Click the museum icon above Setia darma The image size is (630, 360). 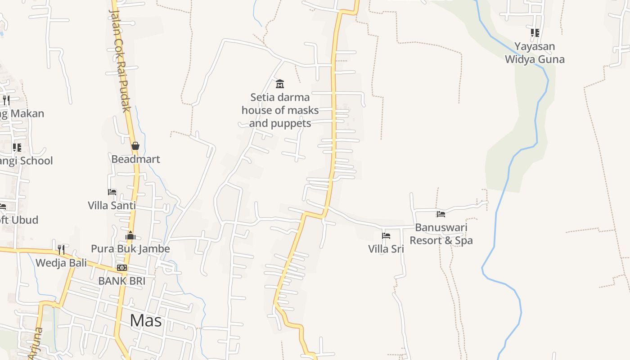pyautogui.click(x=280, y=84)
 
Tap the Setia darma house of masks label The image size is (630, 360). pyautogui.click(x=280, y=110)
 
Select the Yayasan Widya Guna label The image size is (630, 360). pyautogui.click(x=535, y=53)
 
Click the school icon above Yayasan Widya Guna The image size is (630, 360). pyautogui.click(x=535, y=33)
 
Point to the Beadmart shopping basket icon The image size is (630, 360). pyautogui.click(x=135, y=146)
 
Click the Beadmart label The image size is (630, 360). pyautogui.click(x=135, y=159)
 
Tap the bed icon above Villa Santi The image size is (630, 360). pyautogui.click(x=112, y=192)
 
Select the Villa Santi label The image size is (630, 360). pyautogui.click(x=112, y=206)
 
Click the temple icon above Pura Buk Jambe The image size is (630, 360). pyautogui.click(x=130, y=235)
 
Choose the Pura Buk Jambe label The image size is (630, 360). pyautogui.click(x=130, y=249)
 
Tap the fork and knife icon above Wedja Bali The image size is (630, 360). pyautogui.click(x=61, y=249)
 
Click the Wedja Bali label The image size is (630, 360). pyautogui.click(x=61, y=263)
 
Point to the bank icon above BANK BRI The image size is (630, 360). pyautogui.click(x=121, y=268)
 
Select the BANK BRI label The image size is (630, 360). pyautogui.click(x=121, y=281)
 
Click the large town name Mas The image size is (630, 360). pyautogui.click(x=146, y=321)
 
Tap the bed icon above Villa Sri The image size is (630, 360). pyautogui.click(x=386, y=236)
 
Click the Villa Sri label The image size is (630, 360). pyautogui.click(x=386, y=249)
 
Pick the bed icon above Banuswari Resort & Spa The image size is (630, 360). pyautogui.click(x=441, y=214)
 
